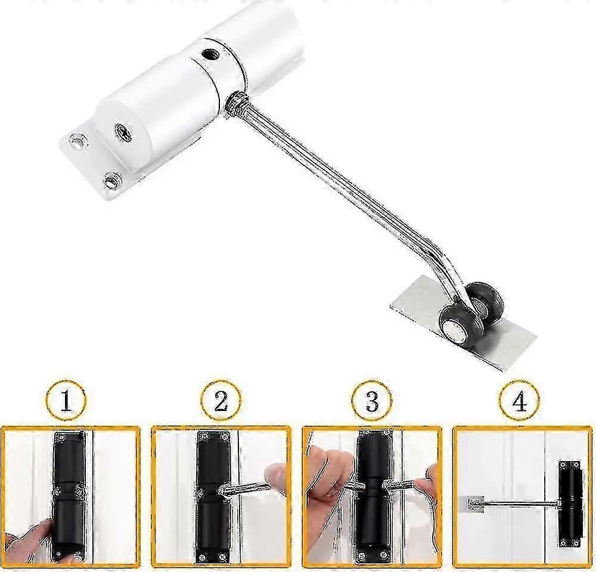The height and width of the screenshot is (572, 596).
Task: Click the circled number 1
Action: click(x=66, y=400)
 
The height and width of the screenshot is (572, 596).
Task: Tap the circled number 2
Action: click(x=221, y=400)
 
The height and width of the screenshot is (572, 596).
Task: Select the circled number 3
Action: click(x=372, y=400)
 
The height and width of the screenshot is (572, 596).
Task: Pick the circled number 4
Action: click(x=519, y=400)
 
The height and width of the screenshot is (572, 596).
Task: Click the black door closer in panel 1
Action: click(x=70, y=495)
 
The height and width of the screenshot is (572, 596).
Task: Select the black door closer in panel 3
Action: click(x=372, y=495)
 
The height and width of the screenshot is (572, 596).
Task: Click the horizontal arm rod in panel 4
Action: click(x=519, y=504)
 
